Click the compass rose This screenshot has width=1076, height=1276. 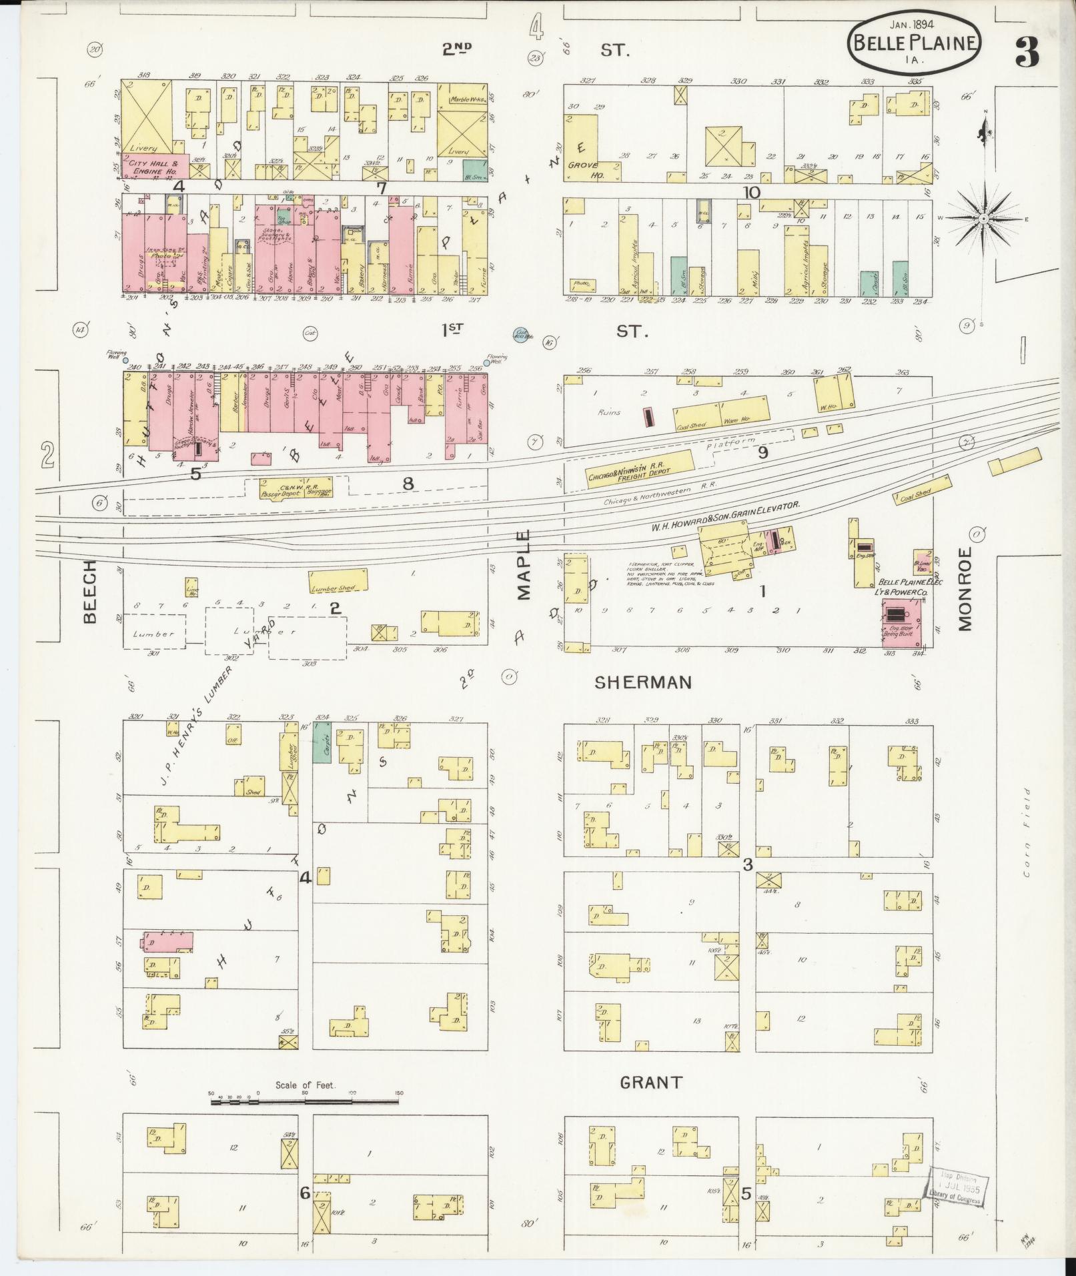click(983, 218)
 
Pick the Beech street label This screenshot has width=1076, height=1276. click(90, 591)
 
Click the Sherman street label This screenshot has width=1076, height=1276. click(642, 682)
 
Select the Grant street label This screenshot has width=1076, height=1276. click(650, 1082)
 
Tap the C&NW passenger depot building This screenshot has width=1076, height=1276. click(295, 488)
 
